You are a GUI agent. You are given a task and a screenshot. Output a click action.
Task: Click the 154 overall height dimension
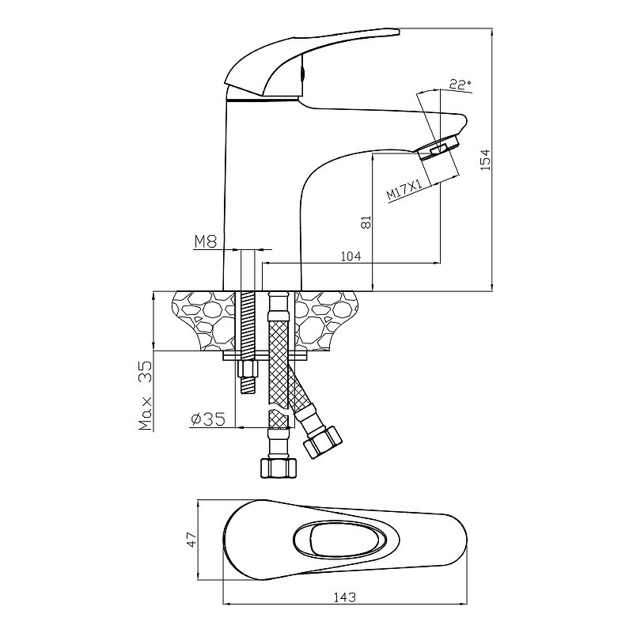point(486,160)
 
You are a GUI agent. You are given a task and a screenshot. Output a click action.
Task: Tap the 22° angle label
point(460,85)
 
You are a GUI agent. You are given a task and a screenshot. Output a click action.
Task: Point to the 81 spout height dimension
point(366,222)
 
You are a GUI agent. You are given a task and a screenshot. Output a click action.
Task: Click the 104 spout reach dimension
point(351,256)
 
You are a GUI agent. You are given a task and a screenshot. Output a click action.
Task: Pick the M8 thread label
point(206,242)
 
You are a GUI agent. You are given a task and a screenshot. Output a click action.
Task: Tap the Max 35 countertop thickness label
point(146,396)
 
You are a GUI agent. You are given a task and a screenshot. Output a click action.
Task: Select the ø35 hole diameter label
point(207,419)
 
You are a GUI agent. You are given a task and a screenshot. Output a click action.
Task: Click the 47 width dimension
point(191,540)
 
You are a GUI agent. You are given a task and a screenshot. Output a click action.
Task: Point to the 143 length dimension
point(345,597)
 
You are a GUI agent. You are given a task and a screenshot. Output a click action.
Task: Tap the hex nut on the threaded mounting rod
point(248,369)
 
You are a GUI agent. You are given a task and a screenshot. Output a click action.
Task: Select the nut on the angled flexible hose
point(323,442)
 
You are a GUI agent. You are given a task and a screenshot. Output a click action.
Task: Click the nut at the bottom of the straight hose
point(279,468)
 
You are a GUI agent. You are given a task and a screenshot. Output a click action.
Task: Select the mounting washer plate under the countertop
point(265,355)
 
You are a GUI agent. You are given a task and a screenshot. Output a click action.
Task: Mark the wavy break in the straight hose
point(279,407)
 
